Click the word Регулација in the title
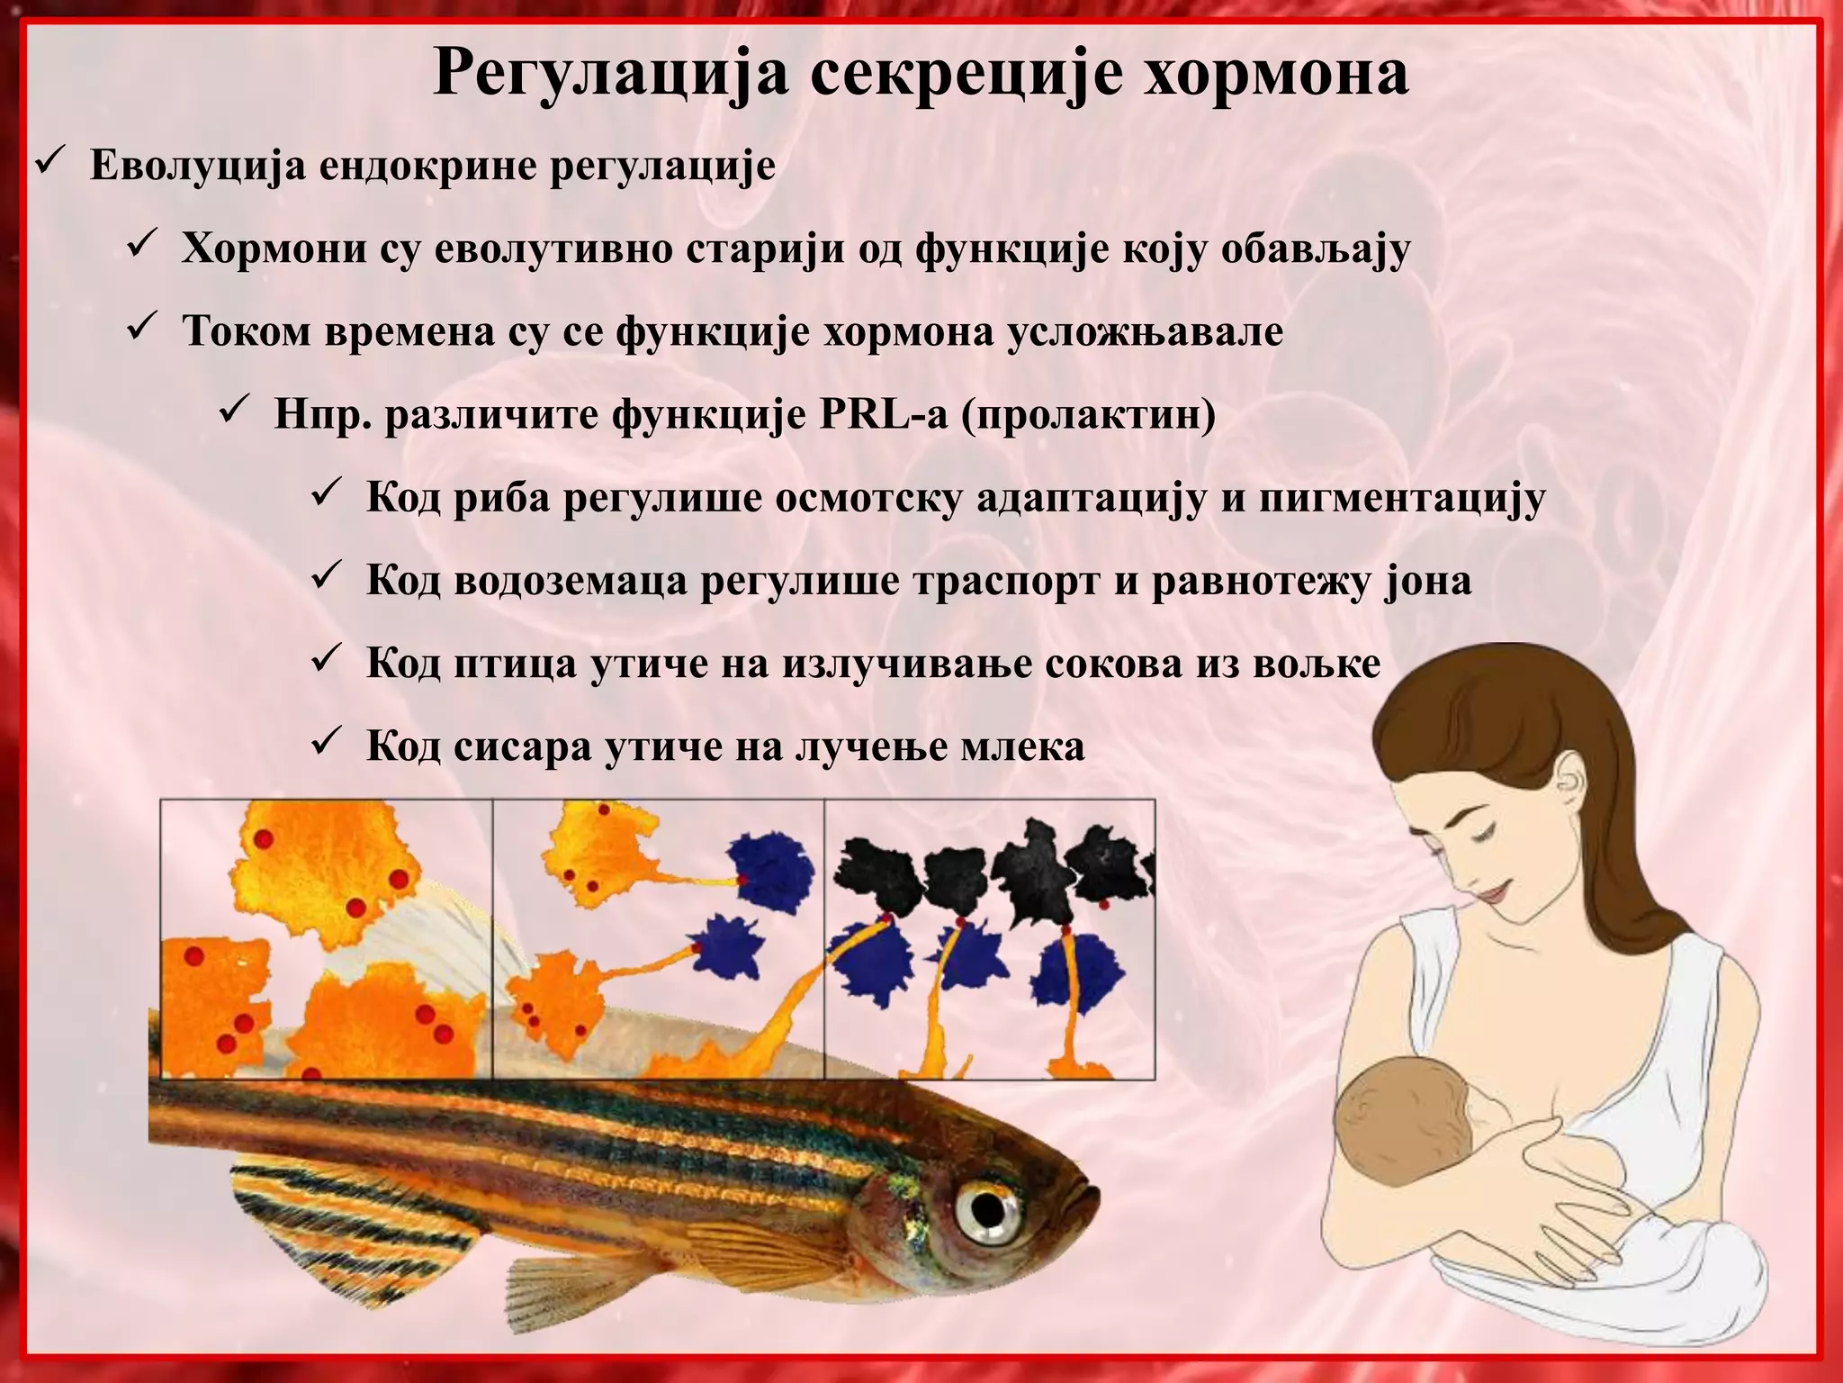pyautogui.click(x=611, y=74)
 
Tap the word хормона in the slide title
pyautogui.click(x=1277, y=74)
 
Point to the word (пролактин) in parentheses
pyautogui.click(x=1089, y=415)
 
